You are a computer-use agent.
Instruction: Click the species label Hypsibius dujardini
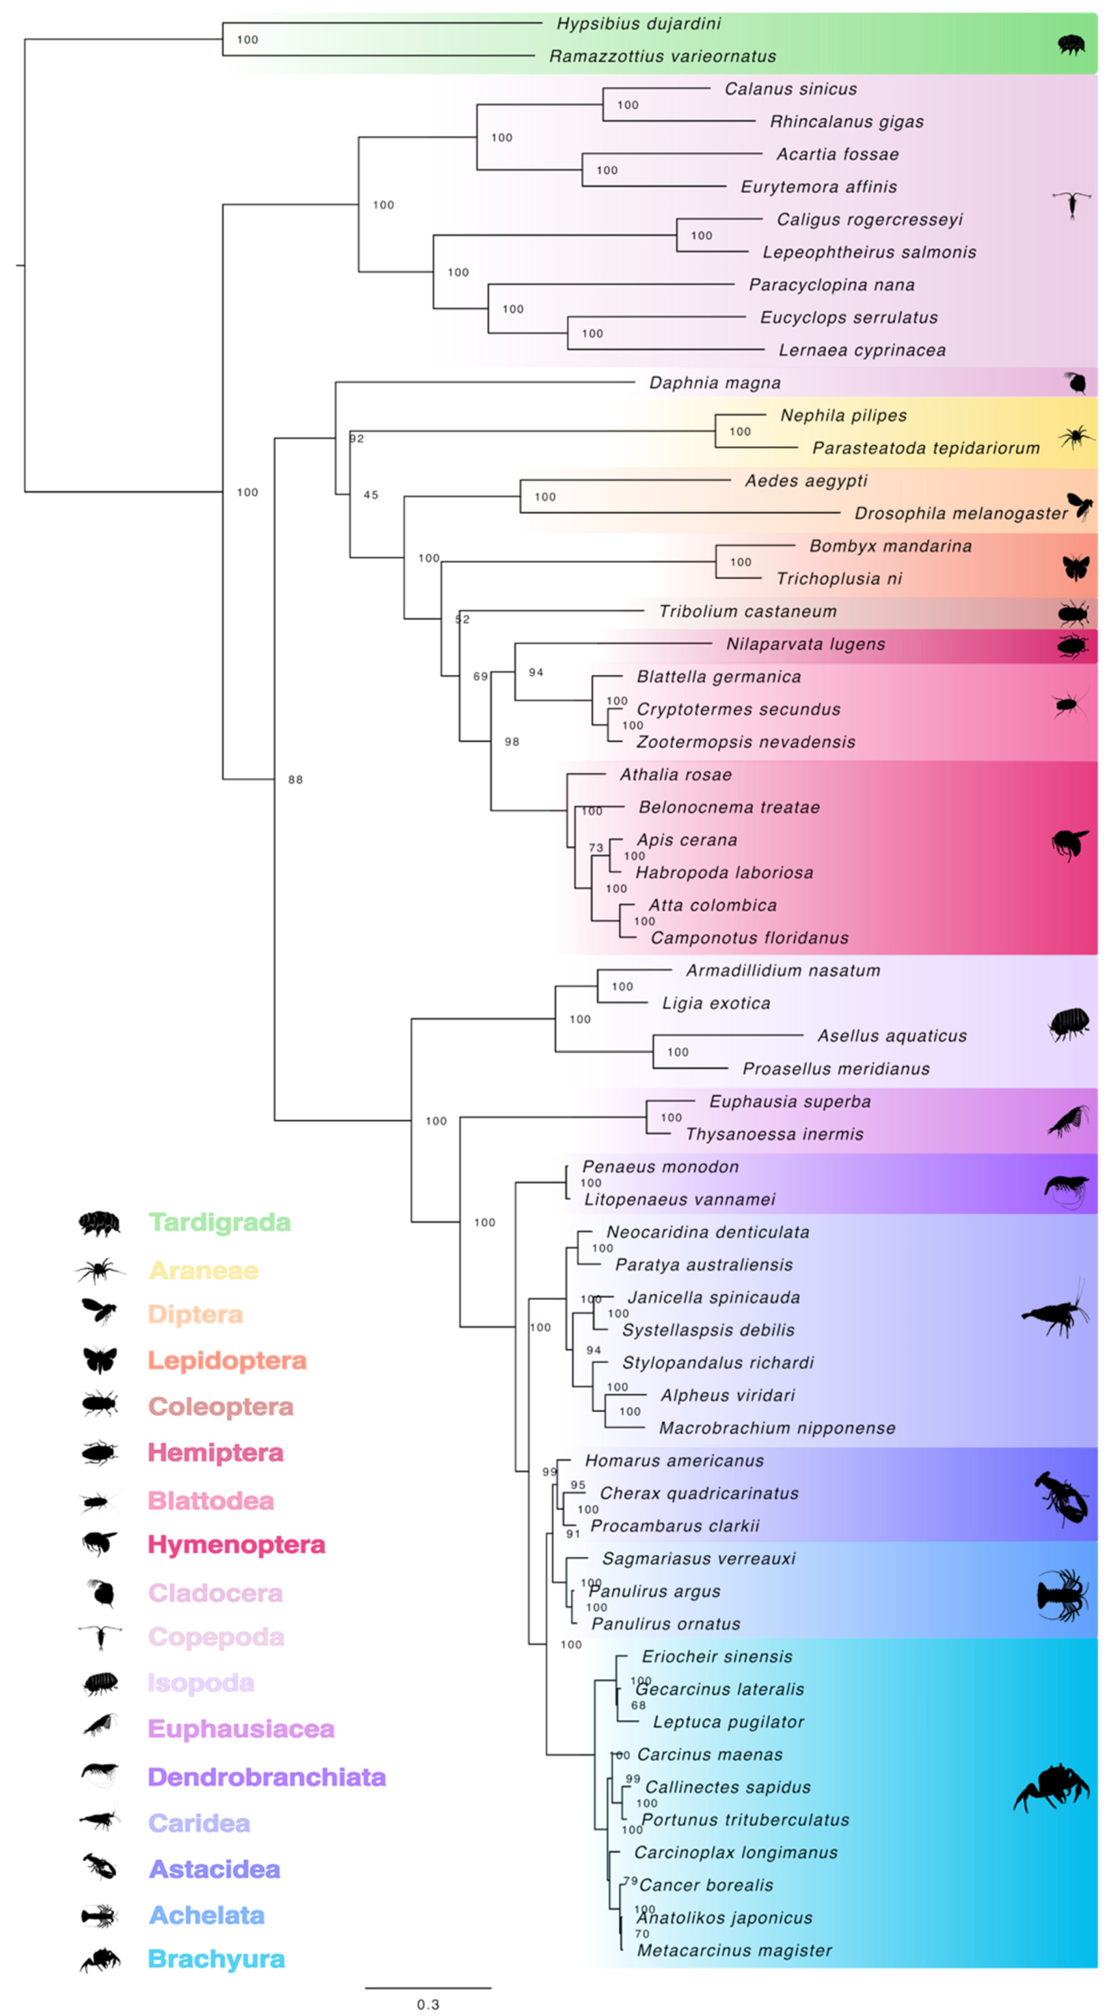(639, 23)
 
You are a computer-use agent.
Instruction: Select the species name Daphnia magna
(714, 383)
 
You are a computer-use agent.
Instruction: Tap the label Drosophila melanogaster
(960, 513)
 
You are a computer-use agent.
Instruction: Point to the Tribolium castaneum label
(747, 611)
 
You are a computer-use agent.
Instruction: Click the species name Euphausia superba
(790, 1101)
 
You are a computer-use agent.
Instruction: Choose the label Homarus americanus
(674, 1460)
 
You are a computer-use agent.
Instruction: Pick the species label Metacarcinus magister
(734, 1951)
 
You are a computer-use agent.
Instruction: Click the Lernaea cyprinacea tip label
(861, 350)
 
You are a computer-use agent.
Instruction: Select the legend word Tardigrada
(219, 1223)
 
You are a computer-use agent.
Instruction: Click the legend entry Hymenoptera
(236, 1544)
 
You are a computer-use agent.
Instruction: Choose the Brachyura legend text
(216, 1959)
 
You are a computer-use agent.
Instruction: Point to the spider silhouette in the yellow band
(1076, 437)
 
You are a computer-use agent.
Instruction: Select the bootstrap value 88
(295, 780)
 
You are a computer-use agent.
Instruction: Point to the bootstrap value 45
(371, 495)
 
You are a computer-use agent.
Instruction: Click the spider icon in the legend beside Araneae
(100, 1270)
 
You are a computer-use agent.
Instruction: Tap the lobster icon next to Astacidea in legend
(100, 1868)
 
